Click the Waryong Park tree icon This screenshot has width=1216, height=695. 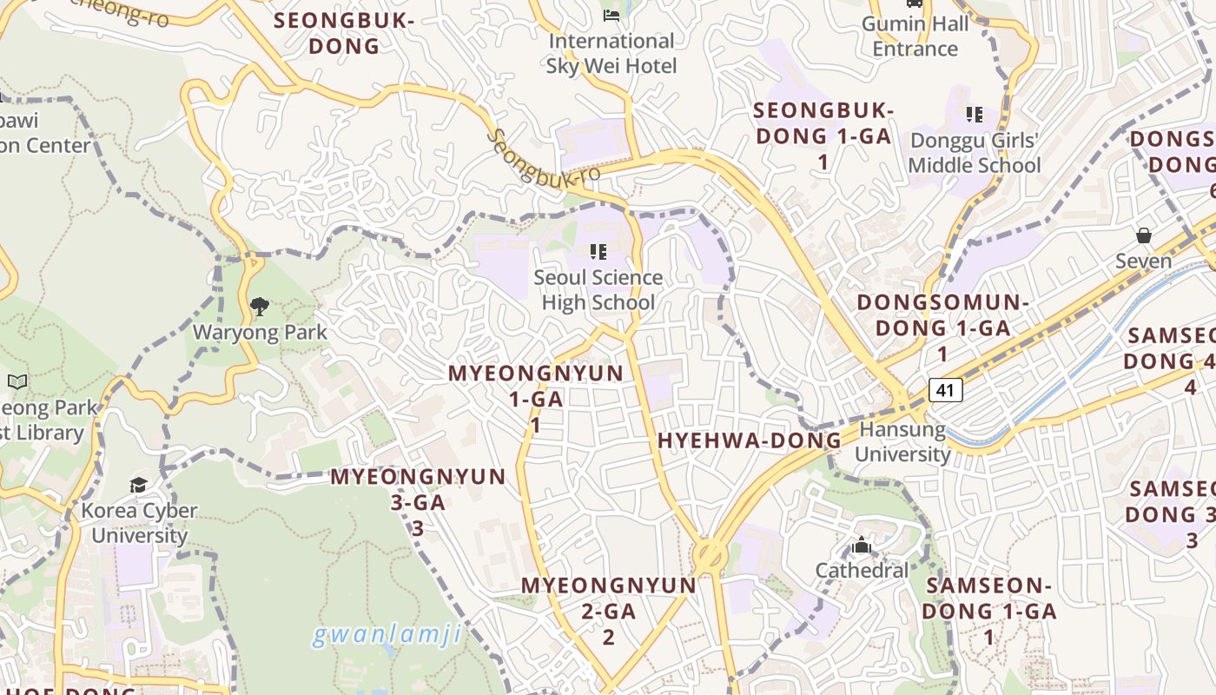259,306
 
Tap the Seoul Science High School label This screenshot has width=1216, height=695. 598,290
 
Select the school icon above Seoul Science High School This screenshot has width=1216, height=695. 598,252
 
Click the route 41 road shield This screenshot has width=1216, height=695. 946,390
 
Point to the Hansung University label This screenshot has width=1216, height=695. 902,442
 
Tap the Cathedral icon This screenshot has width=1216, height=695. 862,546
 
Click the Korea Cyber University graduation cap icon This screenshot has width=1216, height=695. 139,484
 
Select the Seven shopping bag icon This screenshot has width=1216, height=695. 1144,235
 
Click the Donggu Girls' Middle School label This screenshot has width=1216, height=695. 974,153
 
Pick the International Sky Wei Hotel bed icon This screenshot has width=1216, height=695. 611,15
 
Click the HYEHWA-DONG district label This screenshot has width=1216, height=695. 750,440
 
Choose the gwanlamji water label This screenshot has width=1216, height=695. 387,635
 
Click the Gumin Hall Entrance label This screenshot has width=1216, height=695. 915,36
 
